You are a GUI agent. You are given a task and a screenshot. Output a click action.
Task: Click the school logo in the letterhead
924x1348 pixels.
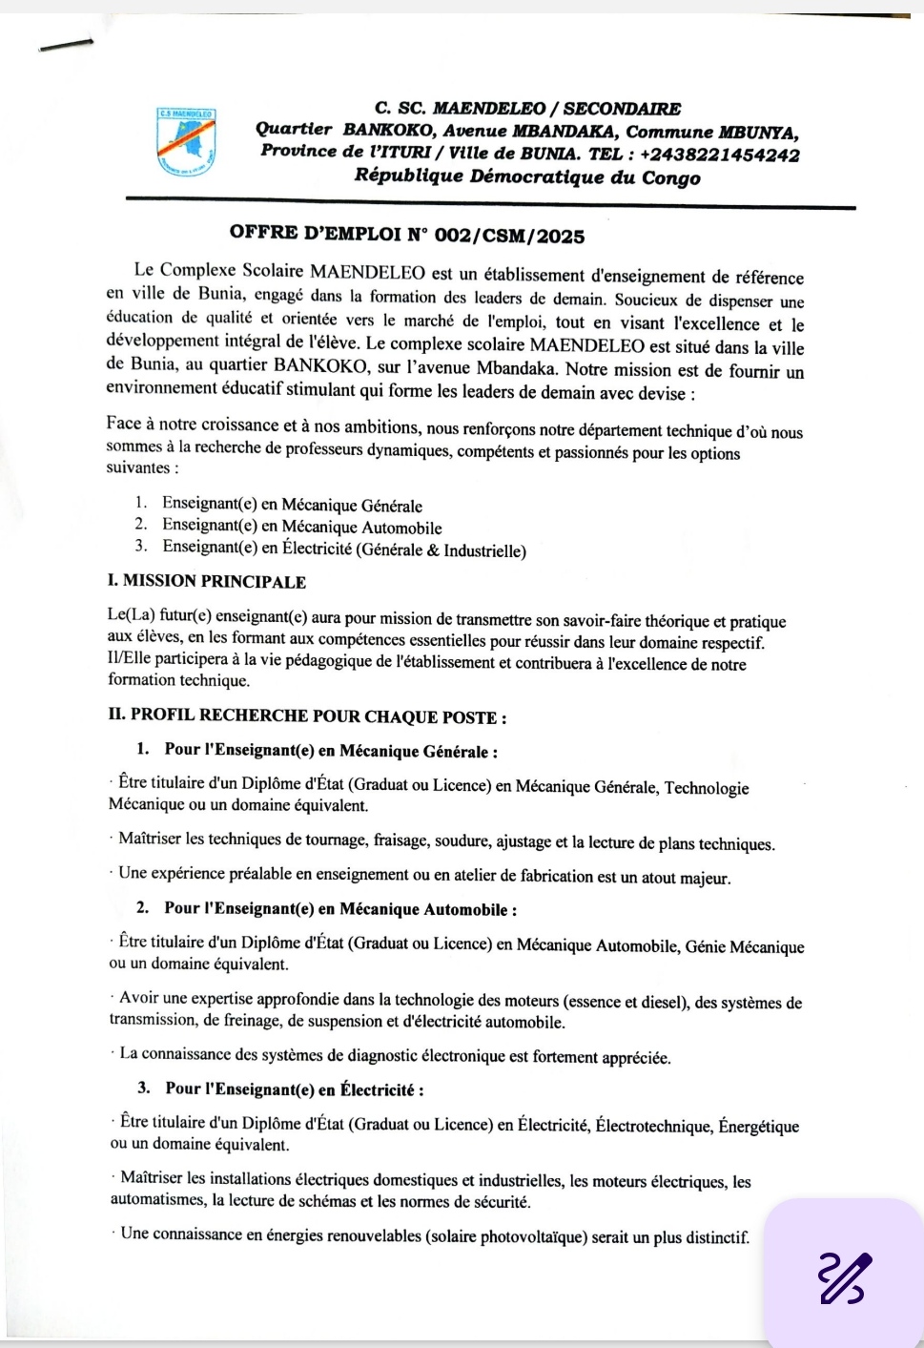[186, 142]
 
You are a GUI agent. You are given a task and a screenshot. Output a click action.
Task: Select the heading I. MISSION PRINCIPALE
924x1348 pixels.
[207, 581]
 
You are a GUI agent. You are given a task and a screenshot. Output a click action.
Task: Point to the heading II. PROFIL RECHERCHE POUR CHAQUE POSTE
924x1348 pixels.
[307, 716]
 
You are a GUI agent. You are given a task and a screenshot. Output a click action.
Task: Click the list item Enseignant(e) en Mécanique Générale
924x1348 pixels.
[292, 506]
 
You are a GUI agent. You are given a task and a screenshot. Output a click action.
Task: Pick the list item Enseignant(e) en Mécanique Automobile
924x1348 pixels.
[301, 527]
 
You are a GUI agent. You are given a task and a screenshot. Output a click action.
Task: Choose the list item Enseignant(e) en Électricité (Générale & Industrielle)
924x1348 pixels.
[343, 549]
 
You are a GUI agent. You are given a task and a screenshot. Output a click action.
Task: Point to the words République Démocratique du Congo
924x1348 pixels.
[527, 176]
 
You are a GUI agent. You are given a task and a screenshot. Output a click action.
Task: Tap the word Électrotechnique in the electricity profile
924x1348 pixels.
[653, 1126]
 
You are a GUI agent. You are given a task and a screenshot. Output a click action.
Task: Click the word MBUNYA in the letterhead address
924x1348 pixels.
[758, 133]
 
